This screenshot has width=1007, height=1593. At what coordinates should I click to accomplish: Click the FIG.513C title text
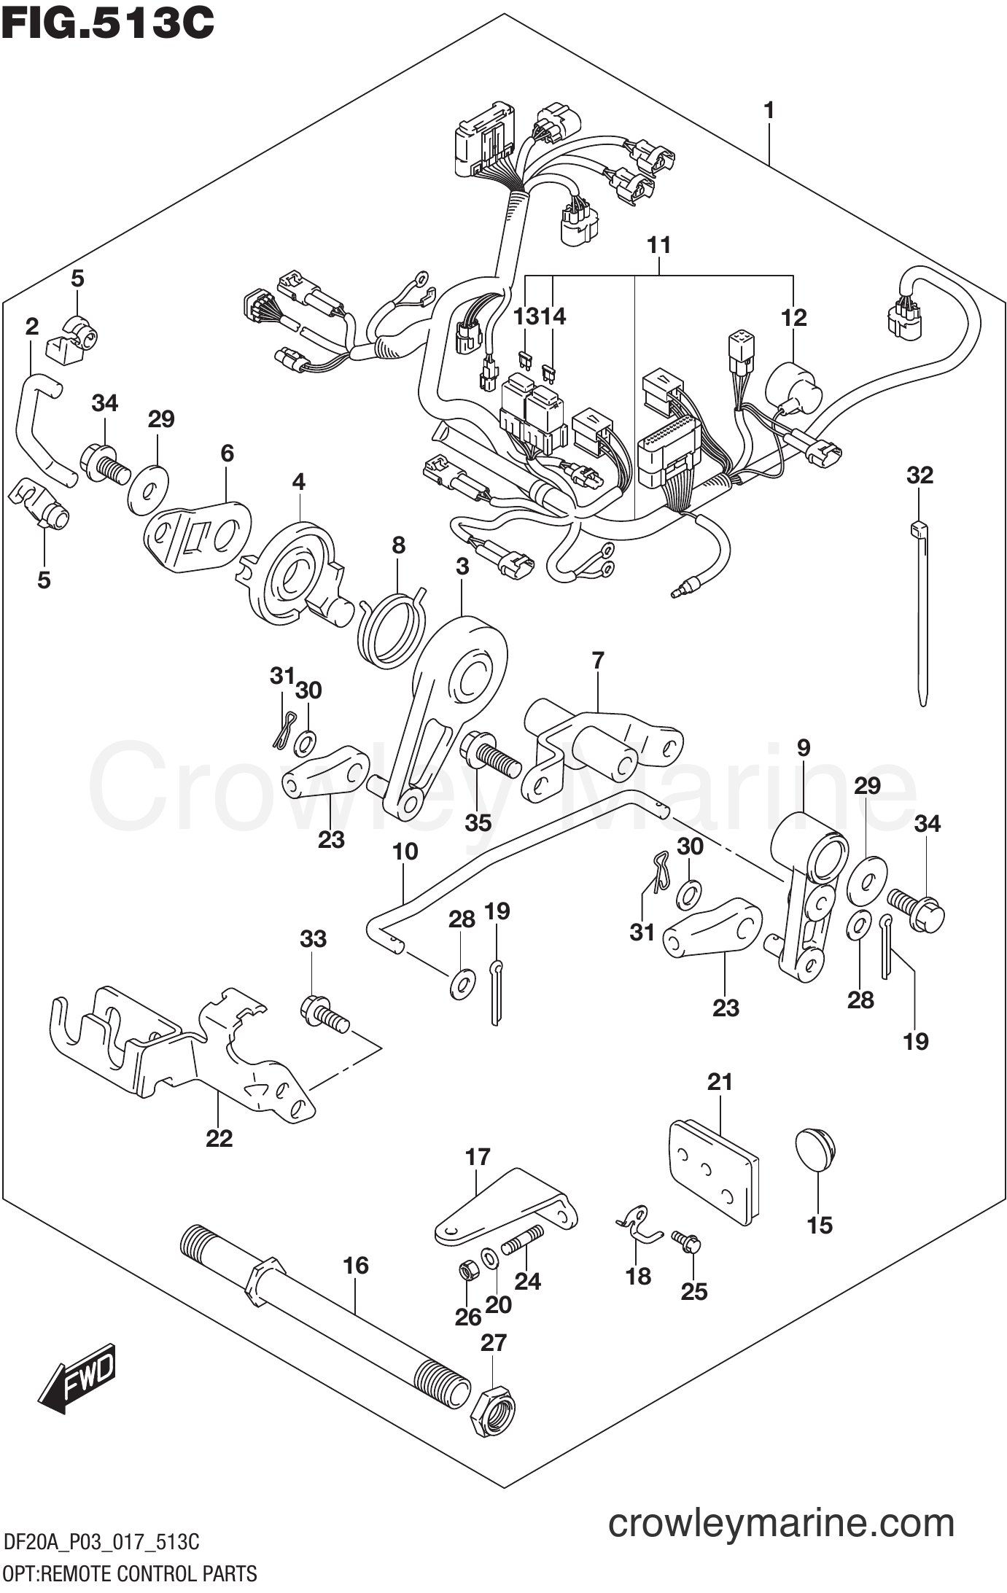click(x=109, y=23)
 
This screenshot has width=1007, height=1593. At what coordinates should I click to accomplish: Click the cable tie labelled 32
click(x=920, y=612)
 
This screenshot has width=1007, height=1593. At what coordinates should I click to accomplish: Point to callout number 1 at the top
click(x=768, y=111)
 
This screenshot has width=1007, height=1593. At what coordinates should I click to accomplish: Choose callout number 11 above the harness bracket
click(x=658, y=245)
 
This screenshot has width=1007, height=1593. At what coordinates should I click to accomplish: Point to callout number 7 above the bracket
click(x=598, y=661)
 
